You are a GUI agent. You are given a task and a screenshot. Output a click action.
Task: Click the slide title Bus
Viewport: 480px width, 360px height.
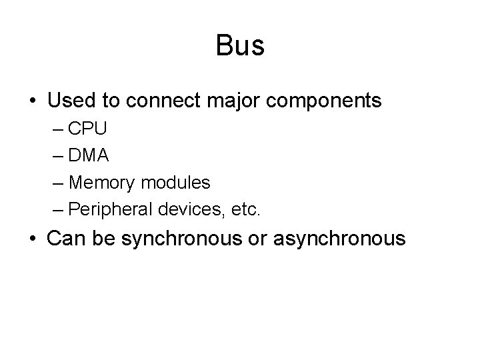[x=240, y=46]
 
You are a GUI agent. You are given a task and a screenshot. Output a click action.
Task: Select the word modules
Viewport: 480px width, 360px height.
[x=175, y=182]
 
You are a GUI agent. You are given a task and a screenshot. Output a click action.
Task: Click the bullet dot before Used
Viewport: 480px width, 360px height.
[x=33, y=102]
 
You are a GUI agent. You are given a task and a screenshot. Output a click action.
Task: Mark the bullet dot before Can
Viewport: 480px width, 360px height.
[x=33, y=239]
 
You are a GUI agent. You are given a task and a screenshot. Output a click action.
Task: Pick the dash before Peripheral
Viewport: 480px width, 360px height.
[x=57, y=209]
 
